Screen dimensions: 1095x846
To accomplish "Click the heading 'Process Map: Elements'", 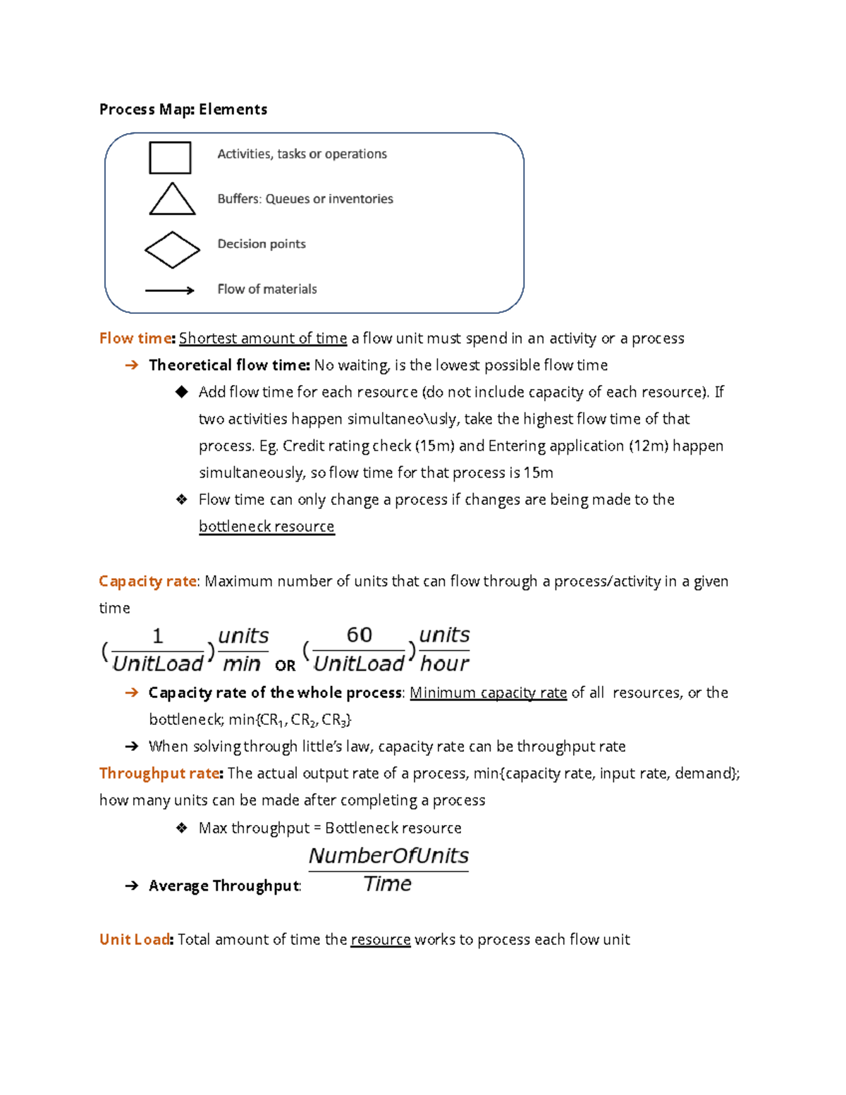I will coord(183,109).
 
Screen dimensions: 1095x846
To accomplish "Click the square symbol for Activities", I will coord(170,157).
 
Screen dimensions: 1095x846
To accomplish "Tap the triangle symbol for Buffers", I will coord(172,200).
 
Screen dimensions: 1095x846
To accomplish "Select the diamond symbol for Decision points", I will coord(172,250).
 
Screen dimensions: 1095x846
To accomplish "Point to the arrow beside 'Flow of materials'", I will coord(169,290).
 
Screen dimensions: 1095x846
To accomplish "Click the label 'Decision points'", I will coord(261,244).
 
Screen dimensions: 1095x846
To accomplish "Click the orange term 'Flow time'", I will coord(136,338).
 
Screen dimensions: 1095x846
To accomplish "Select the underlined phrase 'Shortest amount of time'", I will coord(262,338).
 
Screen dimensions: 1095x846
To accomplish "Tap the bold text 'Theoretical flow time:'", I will coord(229,365).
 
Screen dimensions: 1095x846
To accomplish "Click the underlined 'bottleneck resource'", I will coord(266,527).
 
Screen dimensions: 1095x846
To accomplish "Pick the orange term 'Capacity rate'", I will coord(148,581).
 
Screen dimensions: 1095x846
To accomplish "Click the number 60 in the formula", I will coord(359,635).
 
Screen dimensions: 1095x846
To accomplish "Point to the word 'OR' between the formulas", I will coord(285,666).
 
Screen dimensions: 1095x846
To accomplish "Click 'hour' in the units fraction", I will coord(444,663).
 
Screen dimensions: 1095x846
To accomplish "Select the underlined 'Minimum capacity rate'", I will coord(488,693).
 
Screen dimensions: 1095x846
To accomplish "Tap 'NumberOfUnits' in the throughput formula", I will coord(388,856).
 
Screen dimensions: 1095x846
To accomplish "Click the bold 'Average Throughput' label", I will coord(224,886).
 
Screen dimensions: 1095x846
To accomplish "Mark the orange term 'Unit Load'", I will coord(135,940).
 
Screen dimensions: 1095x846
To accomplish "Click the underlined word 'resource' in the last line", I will coord(380,940).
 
